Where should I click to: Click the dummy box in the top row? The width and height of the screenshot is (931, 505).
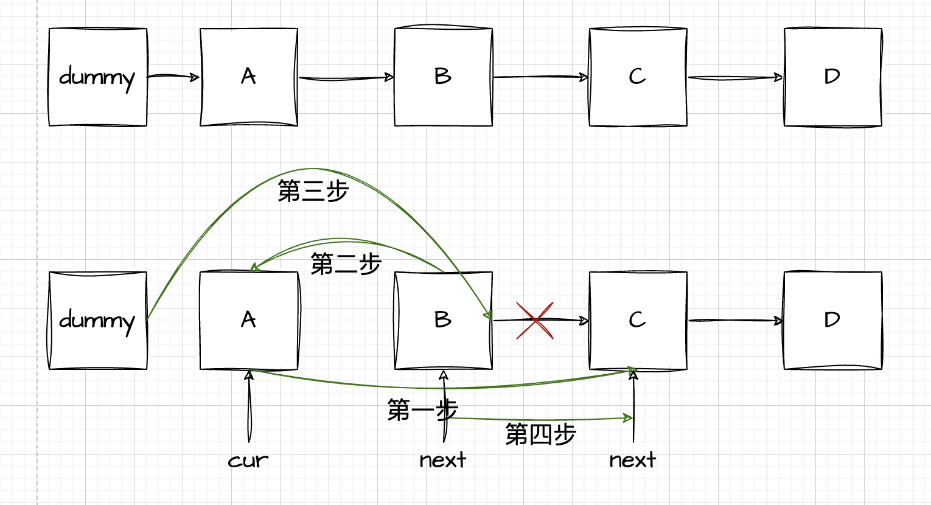(97, 77)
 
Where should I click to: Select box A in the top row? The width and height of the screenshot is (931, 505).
(249, 77)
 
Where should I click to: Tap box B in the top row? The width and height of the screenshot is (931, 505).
(443, 77)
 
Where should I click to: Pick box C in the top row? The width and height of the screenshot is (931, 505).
(638, 77)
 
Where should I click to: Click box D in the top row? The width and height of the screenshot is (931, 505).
(832, 77)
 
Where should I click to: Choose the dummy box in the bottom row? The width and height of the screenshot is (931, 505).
(97, 321)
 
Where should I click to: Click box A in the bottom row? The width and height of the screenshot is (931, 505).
(249, 321)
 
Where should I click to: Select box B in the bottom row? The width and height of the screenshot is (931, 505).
(443, 321)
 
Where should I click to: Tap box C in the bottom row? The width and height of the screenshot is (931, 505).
(638, 321)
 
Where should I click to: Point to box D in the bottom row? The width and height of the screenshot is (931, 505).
(832, 321)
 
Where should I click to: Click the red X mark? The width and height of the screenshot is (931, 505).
(535, 320)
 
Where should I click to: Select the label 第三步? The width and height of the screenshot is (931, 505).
(313, 191)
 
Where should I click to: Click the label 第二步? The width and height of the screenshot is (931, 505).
(346, 264)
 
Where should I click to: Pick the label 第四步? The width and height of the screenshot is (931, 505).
(540, 434)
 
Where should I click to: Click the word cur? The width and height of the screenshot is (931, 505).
(248, 461)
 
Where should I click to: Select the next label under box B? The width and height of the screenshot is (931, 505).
(443, 460)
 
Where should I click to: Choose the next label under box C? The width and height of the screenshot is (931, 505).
(633, 460)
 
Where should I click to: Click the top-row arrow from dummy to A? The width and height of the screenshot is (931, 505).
(173, 77)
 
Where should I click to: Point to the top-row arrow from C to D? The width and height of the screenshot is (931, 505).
(735, 77)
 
